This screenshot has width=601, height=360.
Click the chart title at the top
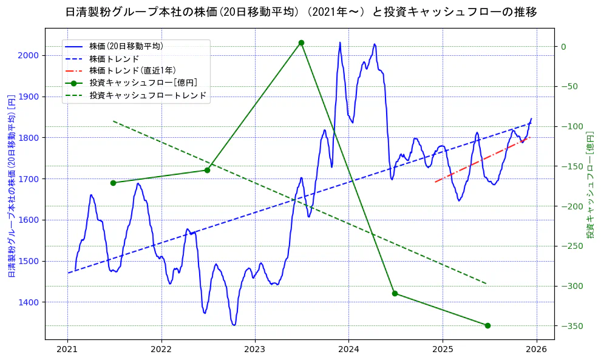pyautogui.click(x=300, y=12)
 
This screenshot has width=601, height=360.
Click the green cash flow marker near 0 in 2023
pyautogui.click(x=301, y=42)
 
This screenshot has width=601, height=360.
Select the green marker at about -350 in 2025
pyautogui.click(x=487, y=325)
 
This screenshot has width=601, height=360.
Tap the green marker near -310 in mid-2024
pyautogui.click(x=395, y=293)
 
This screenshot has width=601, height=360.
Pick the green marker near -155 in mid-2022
pyautogui.click(x=207, y=170)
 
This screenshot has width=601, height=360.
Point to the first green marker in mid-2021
pyautogui.click(x=113, y=183)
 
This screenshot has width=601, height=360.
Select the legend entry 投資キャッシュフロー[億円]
pyautogui.click(x=143, y=83)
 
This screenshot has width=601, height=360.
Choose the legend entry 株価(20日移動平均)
pyautogui.click(x=126, y=46)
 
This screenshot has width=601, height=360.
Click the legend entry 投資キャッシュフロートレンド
pyautogui.click(x=148, y=95)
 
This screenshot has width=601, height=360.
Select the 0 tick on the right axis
pyautogui.click(x=563, y=47)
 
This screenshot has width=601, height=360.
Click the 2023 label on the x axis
pyautogui.click(x=255, y=350)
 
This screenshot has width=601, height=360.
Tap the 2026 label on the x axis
pyautogui.click(x=536, y=350)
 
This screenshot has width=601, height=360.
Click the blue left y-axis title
pyautogui.click(x=11, y=186)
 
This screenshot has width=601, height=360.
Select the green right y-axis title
pyautogui.click(x=589, y=185)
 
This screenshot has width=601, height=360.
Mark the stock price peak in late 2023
pyautogui.click(x=340, y=42)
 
